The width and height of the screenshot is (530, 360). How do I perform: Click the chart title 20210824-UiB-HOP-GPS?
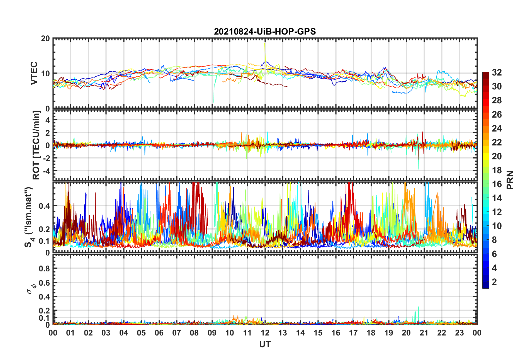click(265, 31)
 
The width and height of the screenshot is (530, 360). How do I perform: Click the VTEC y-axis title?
click(34, 73)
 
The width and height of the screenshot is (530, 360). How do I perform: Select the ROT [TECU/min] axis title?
click(36, 145)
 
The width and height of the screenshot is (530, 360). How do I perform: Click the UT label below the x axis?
click(265, 344)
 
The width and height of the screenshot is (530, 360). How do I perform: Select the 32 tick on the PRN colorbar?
click(497, 73)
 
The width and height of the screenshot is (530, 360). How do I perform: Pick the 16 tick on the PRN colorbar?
click(497, 184)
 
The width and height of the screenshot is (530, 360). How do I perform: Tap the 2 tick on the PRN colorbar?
click(494, 282)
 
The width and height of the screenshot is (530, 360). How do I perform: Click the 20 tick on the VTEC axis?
click(45, 39)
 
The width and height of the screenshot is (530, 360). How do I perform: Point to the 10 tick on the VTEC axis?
click(45, 74)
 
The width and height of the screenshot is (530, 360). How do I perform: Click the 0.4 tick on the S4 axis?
click(44, 206)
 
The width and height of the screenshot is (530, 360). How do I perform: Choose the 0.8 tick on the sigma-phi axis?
click(44, 269)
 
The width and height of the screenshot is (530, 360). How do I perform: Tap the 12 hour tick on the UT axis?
click(265, 333)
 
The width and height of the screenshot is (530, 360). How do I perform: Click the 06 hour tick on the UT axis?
click(159, 333)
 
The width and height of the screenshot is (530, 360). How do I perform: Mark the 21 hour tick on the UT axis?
click(424, 333)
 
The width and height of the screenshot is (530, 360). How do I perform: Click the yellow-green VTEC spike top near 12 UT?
click(265, 43)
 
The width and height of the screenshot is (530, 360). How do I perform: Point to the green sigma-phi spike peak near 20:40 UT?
click(419, 307)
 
